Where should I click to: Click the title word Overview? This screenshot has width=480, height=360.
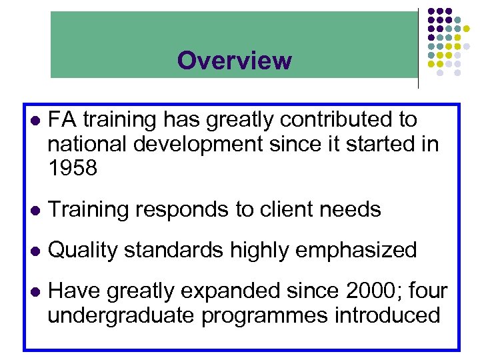(x=234, y=61)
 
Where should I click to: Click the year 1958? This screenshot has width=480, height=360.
(x=73, y=169)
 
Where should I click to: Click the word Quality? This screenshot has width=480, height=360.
(x=83, y=251)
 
